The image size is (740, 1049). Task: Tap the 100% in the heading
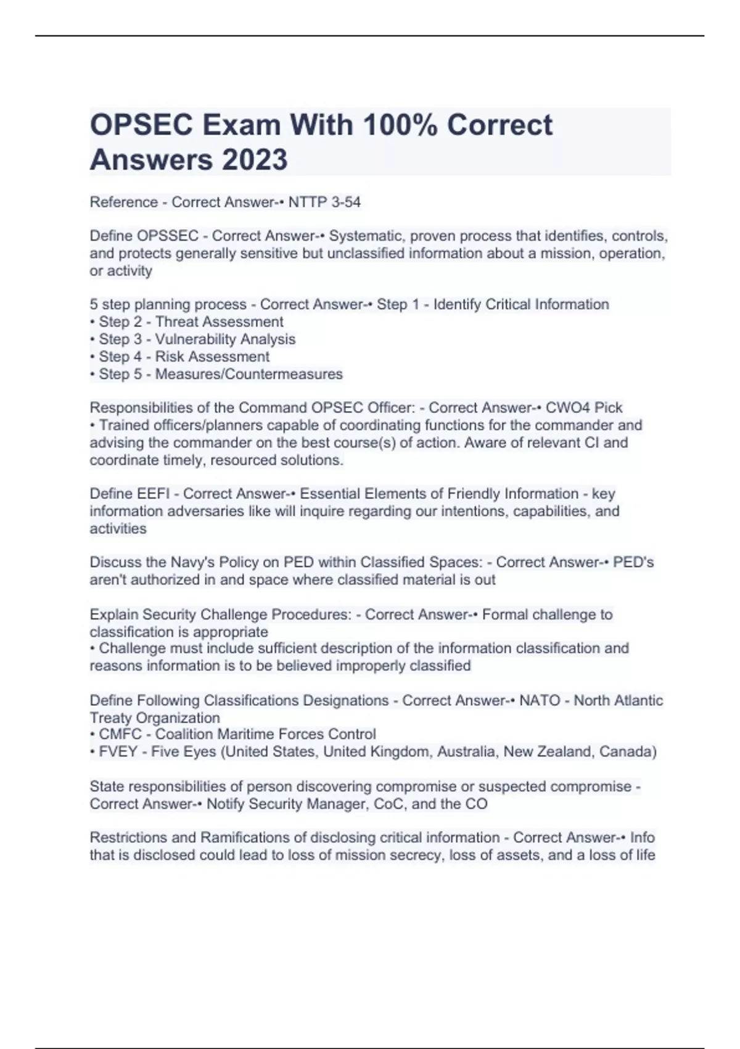pos(401,125)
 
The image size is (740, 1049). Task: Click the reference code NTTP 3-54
pos(324,202)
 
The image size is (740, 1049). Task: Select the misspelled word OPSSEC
pos(168,236)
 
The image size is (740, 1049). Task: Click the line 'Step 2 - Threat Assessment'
pos(191,321)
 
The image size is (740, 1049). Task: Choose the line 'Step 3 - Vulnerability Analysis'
pos(197,339)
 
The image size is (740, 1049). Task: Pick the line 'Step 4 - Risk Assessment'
pos(184,356)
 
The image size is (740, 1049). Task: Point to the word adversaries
pos(209,511)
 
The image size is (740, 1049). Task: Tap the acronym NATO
pos(540,700)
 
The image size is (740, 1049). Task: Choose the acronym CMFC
pos(120,734)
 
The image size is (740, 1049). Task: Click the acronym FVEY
pos(120,751)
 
